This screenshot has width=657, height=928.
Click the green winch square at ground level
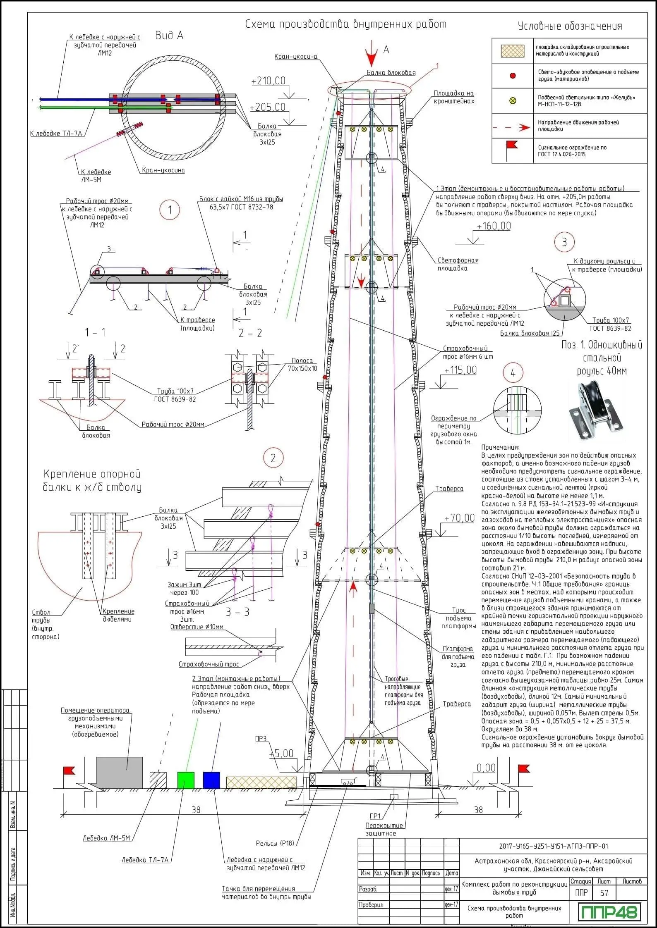[186, 780]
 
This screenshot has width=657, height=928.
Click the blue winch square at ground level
[211, 780]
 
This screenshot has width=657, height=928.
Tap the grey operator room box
[120, 772]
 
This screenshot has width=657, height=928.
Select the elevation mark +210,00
[269, 81]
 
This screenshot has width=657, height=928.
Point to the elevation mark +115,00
[460, 370]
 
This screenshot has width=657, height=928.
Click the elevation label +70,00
[459, 518]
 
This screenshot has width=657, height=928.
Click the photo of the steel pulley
[596, 411]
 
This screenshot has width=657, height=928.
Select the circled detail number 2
[273, 458]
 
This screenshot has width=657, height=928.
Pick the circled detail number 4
[513, 373]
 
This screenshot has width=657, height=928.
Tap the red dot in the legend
[513, 76]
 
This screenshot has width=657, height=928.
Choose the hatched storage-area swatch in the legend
[513, 51]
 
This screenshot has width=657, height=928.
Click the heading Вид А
[169, 36]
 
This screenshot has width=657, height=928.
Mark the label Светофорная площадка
[458, 264]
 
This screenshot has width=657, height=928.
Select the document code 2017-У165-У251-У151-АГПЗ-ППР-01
[554, 846]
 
